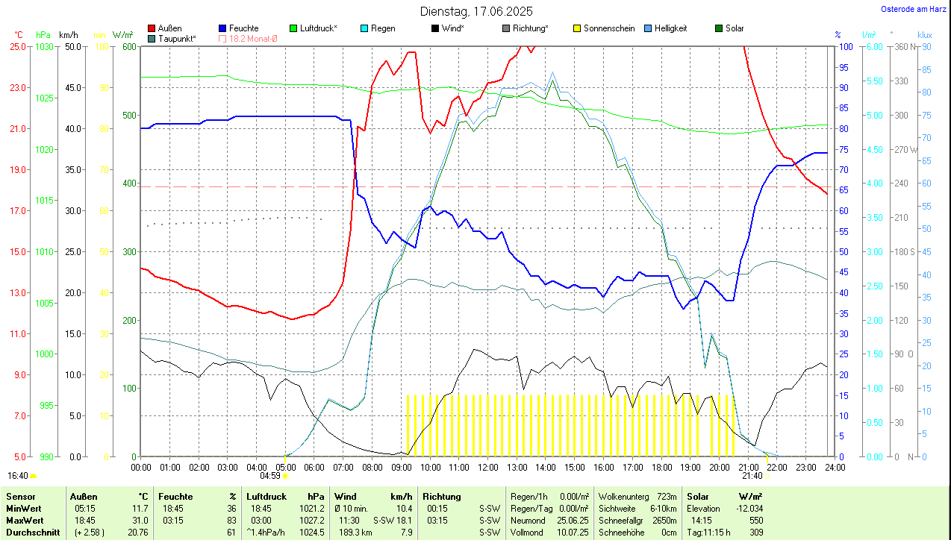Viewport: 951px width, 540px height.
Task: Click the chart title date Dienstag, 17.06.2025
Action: coord(476,11)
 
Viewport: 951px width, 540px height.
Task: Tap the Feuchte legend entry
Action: coord(243,28)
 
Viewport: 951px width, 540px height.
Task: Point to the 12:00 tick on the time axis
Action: coord(487,468)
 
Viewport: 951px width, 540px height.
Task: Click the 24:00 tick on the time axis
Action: coord(835,468)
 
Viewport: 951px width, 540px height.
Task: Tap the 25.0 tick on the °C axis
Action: coord(18,46)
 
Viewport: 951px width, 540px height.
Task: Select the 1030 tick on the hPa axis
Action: coord(45,46)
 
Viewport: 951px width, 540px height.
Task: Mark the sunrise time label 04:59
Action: coord(269,476)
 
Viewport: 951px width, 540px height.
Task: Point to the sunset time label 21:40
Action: coord(752,476)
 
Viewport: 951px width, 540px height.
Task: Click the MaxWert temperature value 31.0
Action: coord(140,520)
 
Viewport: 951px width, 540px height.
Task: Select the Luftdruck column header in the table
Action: coord(266,496)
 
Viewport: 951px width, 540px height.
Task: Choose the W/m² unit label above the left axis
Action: coord(123,35)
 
